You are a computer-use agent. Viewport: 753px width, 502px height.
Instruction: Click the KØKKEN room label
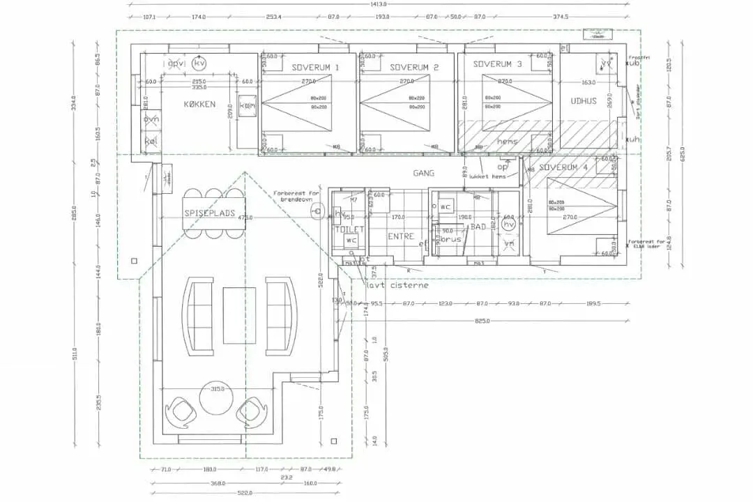pos(199,105)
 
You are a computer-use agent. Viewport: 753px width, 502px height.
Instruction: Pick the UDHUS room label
pos(584,101)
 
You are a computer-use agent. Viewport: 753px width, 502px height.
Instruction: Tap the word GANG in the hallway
pos(424,173)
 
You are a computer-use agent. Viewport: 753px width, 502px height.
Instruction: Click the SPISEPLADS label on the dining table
pos(210,213)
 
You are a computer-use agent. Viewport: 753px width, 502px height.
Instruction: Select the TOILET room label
pos(350,229)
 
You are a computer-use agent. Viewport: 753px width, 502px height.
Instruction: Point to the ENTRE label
pos(402,237)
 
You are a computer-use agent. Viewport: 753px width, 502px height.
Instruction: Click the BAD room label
pos(478,227)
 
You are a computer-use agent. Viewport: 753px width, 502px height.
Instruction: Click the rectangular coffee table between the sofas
pos(239,315)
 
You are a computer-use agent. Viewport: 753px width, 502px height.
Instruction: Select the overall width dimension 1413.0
pos(379,4)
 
